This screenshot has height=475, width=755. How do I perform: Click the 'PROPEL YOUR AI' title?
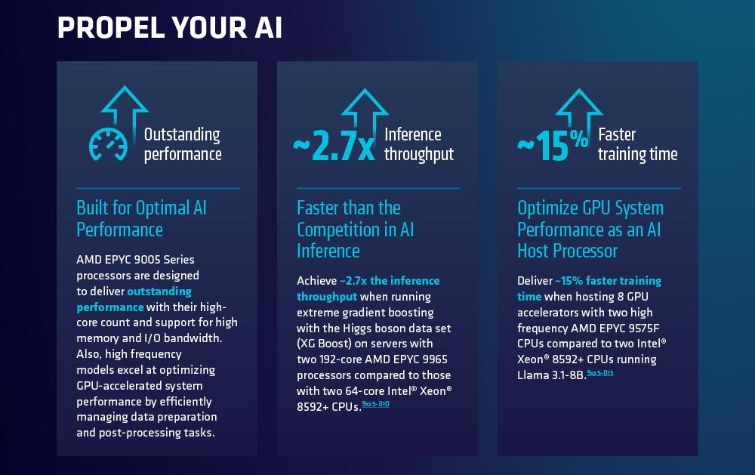[169, 27]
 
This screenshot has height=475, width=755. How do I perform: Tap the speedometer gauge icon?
[108, 144]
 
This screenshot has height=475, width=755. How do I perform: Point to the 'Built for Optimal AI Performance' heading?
[142, 219]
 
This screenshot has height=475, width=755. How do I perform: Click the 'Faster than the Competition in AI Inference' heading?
[356, 230]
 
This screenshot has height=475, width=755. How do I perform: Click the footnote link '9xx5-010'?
[375, 404]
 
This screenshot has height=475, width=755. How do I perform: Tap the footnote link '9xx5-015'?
[600, 372]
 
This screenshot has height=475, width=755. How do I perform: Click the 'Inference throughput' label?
[419, 144]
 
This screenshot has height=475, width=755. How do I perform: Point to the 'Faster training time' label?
[637, 144]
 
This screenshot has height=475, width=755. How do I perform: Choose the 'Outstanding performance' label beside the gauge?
[183, 144]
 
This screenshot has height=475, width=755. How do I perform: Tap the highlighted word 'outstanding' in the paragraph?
[159, 291]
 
